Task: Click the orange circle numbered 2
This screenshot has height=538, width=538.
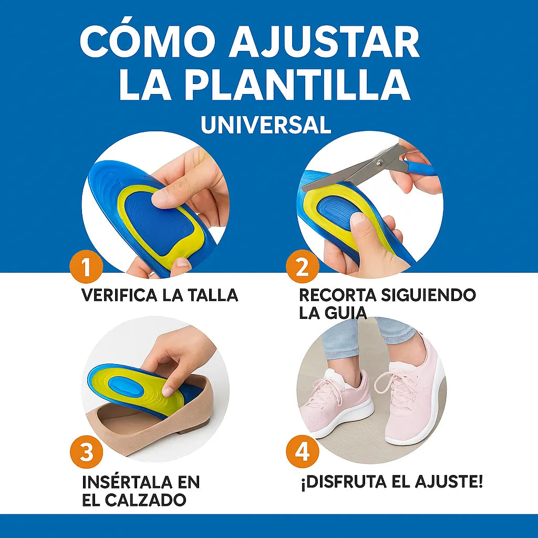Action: coord(302,268)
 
